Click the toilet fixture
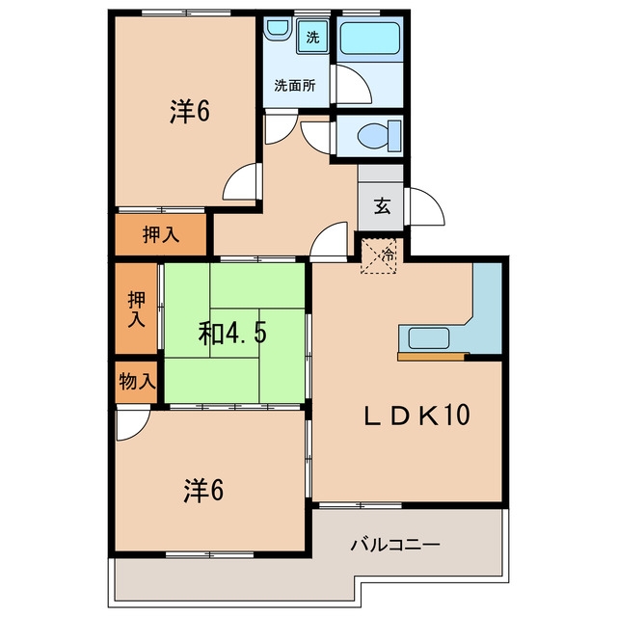379,136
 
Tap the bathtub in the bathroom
370,39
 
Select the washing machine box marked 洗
312,37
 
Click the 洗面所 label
295,86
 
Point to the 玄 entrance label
382,205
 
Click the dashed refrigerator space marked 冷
379,255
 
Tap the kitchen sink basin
429,338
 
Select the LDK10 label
416,415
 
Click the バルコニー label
395,545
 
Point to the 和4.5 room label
232,334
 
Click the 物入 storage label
137,382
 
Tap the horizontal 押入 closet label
161,235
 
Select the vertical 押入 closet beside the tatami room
137,308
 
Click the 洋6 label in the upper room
190,111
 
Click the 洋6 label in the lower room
203,491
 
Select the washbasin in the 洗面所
277,28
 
